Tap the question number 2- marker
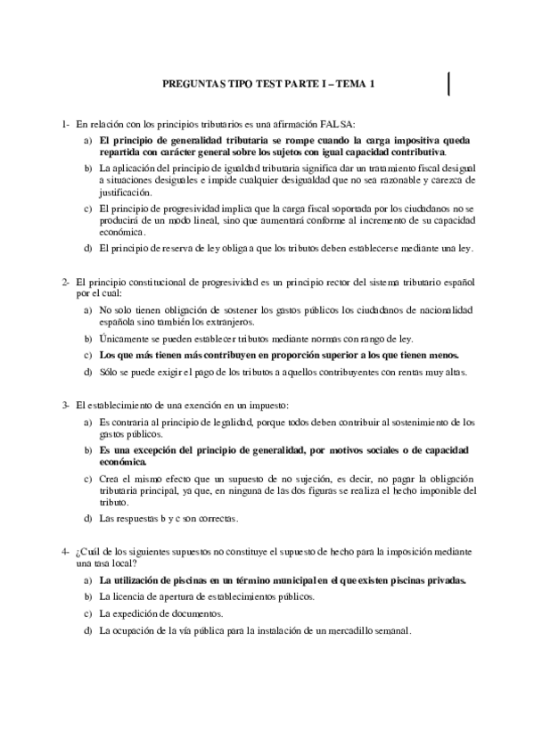[66, 282]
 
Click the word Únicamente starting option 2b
[124, 339]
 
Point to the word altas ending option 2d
[448, 372]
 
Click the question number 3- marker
[66, 406]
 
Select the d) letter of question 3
[87, 518]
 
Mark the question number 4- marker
[66, 552]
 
